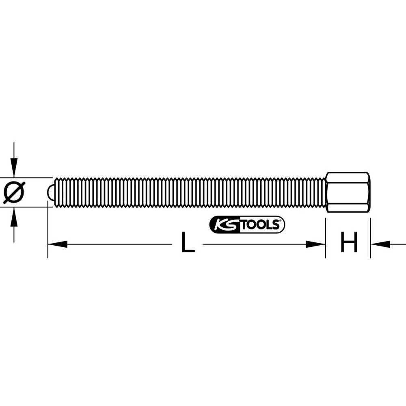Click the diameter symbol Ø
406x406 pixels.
(14, 192)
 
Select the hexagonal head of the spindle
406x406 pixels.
(348, 192)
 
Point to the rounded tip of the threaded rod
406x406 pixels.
(50, 192)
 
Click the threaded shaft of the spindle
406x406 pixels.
(187, 192)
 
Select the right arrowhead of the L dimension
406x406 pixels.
(316, 244)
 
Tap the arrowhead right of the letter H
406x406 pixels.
(380, 244)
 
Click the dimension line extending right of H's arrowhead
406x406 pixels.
(398, 244)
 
